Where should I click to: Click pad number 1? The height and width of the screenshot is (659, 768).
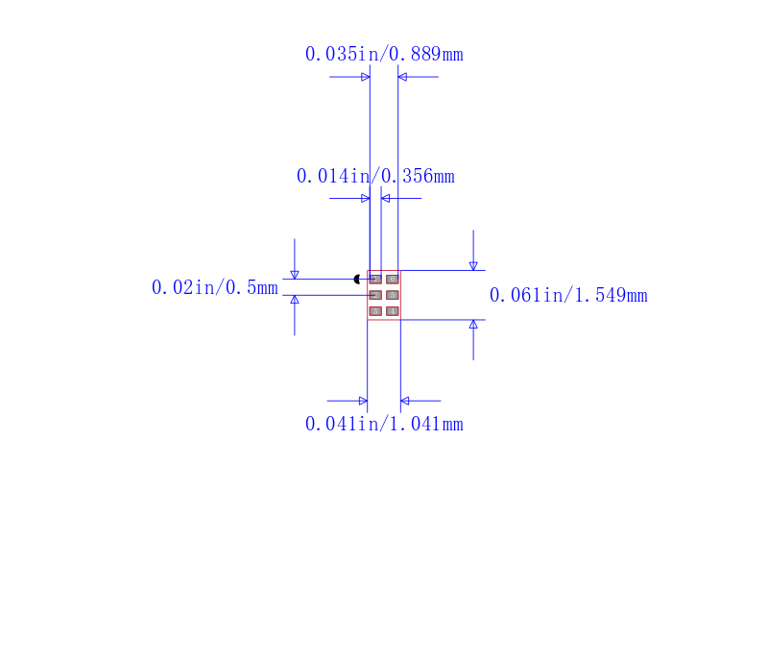coord(375,280)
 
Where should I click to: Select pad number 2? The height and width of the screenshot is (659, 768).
coord(375,295)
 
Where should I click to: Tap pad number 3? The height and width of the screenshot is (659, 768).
coord(375,311)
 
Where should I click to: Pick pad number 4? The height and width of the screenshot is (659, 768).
coord(393,311)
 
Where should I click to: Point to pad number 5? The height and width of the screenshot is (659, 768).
coord(393,295)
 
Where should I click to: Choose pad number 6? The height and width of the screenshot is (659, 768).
coord(393,280)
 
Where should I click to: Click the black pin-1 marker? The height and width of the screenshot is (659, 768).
coord(357,280)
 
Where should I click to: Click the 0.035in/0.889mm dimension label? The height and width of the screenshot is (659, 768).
coord(384,54)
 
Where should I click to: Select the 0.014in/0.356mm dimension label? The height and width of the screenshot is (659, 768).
coord(375,176)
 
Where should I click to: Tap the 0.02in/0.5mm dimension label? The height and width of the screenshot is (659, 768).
coord(215,287)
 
